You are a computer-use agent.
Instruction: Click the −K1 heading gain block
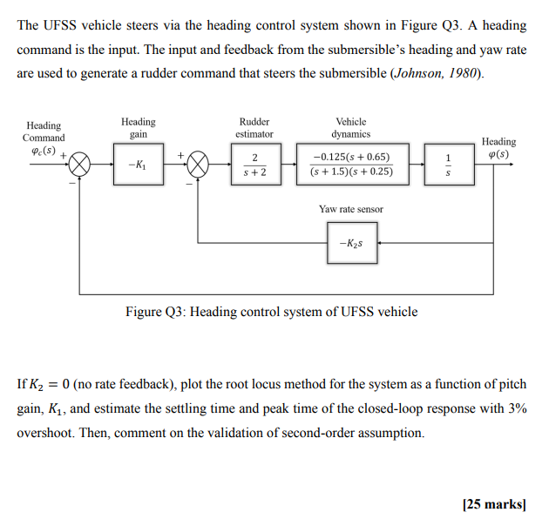137,164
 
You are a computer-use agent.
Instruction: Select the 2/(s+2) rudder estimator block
253,164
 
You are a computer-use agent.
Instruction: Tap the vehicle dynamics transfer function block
351,164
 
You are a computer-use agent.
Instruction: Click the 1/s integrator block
448,164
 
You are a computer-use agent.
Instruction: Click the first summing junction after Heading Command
80,164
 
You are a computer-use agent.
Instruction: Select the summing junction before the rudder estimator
200,164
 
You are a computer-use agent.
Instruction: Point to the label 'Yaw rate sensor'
350,209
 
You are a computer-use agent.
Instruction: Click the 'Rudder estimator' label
254,128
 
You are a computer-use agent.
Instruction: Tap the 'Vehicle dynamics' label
350,128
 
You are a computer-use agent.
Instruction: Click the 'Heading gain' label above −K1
138,128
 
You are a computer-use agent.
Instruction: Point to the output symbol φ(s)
498,154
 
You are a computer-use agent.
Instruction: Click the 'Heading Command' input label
44,131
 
